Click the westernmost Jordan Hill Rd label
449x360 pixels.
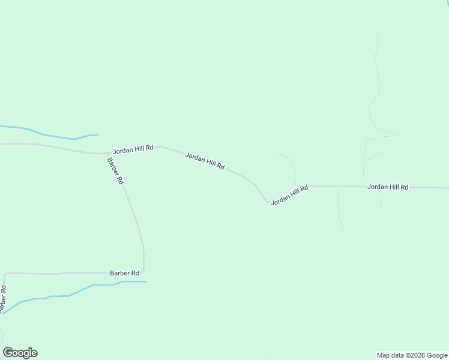tap(133, 149)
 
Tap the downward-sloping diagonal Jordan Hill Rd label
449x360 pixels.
tap(205, 161)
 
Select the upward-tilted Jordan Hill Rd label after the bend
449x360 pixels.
tap(289, 196)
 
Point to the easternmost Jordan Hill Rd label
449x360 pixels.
tap(388, 187)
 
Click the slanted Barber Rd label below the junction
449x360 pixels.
tap(115, 170)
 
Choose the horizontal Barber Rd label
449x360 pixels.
tap(124, 272)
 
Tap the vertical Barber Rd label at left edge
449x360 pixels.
tap(4, 299)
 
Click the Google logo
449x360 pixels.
tap(20, 353)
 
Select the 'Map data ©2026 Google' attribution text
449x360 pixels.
tap(412, 355)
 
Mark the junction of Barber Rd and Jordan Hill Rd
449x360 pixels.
tap(107, 153)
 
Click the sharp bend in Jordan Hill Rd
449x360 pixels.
tap(267, 202)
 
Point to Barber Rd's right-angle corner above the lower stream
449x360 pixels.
tap(143, 272)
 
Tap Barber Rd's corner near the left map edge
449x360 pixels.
tap(5, 274)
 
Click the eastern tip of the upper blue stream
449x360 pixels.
tap(98, 134)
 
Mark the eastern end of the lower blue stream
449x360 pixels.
tap(146, 281)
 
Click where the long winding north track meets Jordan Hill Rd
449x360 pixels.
tap(363, 187)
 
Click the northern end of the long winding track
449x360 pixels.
tap(379, 30)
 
